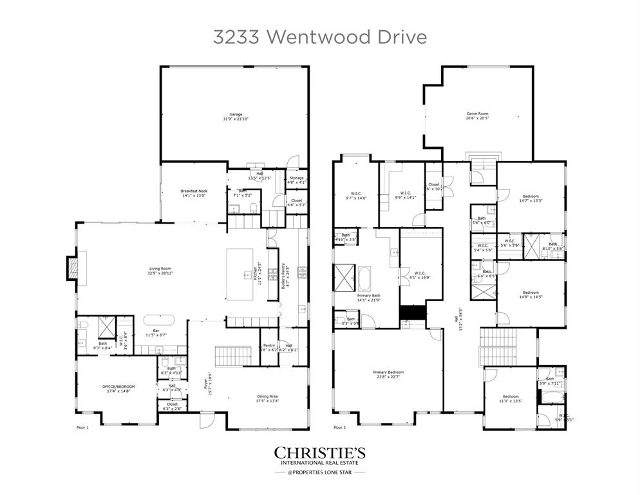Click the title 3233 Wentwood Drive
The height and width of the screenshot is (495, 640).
319,37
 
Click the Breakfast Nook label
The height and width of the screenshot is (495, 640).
193,193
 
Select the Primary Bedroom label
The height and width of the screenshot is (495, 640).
388,374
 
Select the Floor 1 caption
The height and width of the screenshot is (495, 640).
82,427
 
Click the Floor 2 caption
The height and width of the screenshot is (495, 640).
339,427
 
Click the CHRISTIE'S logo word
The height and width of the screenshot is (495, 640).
320,452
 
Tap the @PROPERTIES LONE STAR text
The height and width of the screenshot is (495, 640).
320,472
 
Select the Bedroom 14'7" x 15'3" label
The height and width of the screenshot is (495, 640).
531,198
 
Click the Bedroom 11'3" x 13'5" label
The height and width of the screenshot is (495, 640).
511,398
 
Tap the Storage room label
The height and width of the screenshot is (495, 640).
296,180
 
